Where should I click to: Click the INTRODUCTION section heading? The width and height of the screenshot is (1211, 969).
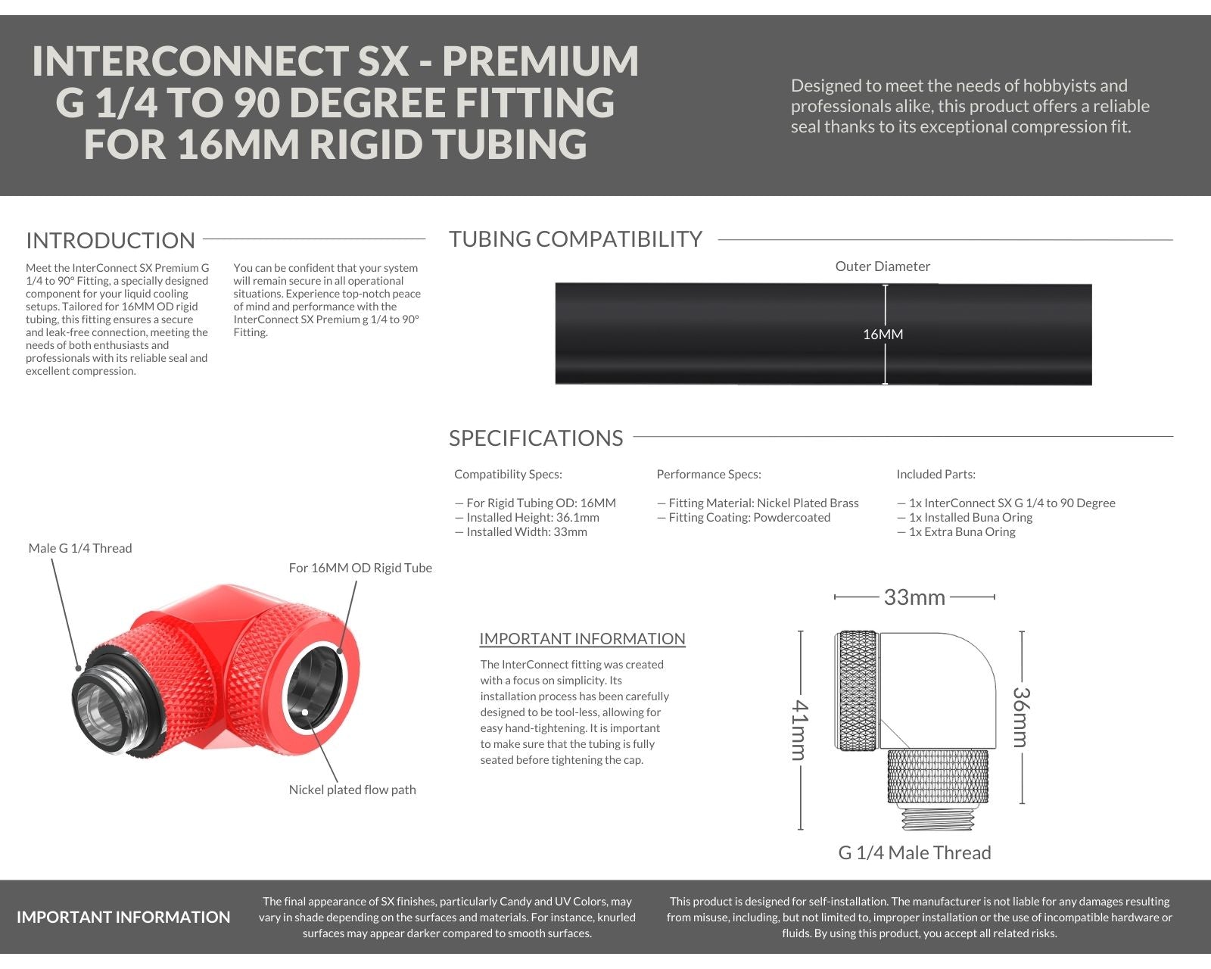tap(111, 241)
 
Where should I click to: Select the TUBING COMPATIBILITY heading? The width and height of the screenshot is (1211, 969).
tap(575, 239)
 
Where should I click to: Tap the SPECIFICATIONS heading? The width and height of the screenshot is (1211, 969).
tap(536, 438)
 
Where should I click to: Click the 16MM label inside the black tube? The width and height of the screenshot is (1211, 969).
tap(883, 335)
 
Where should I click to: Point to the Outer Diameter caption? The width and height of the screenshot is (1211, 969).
tap(883, 266)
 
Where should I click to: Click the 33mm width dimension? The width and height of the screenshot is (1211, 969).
tap(914, 597)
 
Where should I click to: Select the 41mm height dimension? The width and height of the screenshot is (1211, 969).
tap(799, 730)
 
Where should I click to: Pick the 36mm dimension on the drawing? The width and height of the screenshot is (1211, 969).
tap(1021, 717)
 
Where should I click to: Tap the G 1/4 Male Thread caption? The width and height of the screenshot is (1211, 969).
tap(914, 853)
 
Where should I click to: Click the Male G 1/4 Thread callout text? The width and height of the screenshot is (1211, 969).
tap(80, 548)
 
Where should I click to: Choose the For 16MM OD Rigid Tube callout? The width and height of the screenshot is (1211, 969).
tap(360, 568)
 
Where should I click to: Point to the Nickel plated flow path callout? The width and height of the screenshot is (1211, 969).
tap(352, 790)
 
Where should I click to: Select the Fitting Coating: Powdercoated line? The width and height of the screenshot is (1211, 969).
tap(749, 518)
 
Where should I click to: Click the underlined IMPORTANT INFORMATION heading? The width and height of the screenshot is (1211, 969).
tap(582, 639)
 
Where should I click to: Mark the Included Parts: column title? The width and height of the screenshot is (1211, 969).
tap(935, 475)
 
